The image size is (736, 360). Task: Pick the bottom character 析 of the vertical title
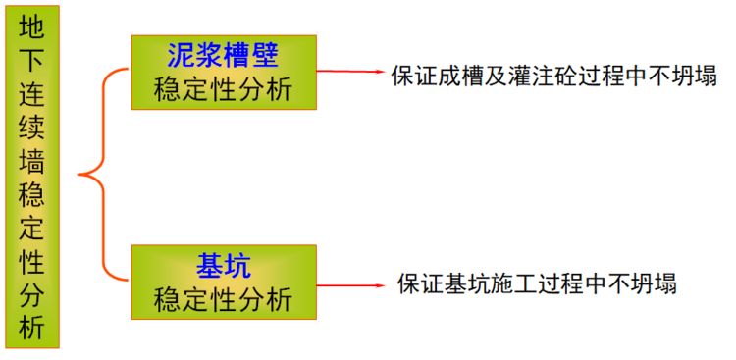(x=31, y=328)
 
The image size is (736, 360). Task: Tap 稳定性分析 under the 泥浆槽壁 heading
(x=224, y=89)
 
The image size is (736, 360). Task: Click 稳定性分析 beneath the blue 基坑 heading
(x=224, y=299)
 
